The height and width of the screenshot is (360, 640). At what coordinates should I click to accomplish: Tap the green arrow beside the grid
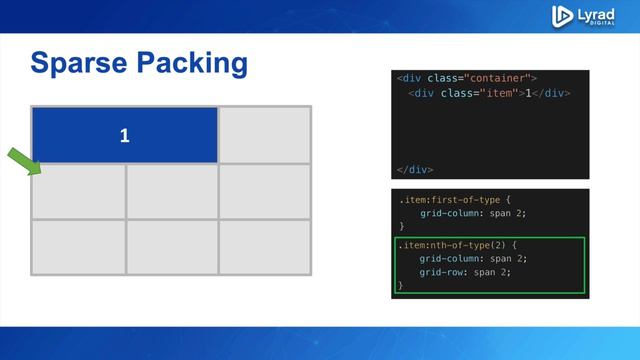pyautogui.click(x=23, y=160)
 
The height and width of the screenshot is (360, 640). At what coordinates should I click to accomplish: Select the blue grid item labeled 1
pyautogui.click(x=125, y=135)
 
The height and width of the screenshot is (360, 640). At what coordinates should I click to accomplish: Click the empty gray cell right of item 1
pyautogui.click(x=265, y=134)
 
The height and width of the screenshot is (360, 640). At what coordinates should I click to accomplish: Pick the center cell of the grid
pyautogui.click(x=171, y=191)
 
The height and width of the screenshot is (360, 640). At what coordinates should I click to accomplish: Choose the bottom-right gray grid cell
pyautogui.click(x=265, y=246)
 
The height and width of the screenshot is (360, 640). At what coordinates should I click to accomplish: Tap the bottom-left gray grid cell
pyautogui.click(x=78, y=246)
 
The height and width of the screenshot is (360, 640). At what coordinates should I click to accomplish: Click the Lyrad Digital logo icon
pyautogui.click(x=562, y=15)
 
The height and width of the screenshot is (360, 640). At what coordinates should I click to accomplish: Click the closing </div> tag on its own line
pyautogui.click(x=414, y=169)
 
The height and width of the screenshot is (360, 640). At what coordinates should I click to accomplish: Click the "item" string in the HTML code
pyautogui.click(x=497, y=93)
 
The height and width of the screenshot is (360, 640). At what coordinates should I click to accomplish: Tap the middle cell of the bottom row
pyautogui.click(x=171, y=246)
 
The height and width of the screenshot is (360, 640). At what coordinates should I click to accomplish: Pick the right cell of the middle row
pyautogui.click(x=265, y=191)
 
